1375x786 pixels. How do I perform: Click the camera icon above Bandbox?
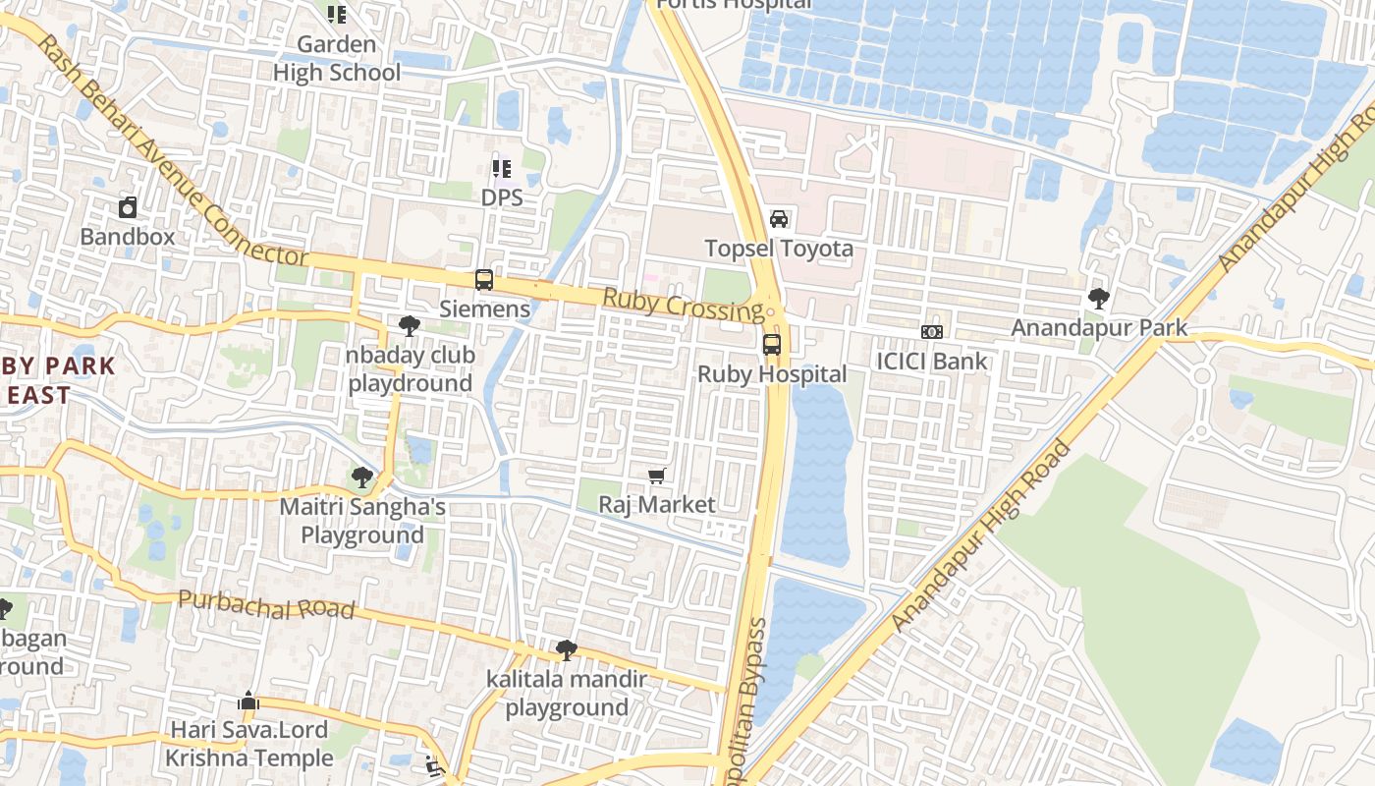coord(128,207)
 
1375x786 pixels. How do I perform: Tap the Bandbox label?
coord(128,237)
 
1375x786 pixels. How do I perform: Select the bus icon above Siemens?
coord(484,280)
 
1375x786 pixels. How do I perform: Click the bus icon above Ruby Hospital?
coord(772,345)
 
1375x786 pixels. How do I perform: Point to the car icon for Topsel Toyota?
coord(779,218)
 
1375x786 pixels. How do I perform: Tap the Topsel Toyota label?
coord(779,249)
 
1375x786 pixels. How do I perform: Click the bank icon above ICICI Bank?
coord(932,332)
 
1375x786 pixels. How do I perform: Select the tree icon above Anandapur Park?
coord(1099,298)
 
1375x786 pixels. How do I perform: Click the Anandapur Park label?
coord(1099,327)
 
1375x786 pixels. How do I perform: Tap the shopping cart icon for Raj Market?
coord(657,477)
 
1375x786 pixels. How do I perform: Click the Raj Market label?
coord(657,505)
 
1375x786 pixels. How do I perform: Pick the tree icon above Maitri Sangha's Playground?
coord(362,478)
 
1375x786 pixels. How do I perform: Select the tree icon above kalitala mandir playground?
coord(566,649)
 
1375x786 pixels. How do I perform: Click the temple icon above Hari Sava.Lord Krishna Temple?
coord(248,702)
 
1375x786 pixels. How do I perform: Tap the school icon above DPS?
coord(502,169)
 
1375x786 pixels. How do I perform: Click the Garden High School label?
coord(337,58)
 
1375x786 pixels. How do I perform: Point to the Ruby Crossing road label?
coord(683,305)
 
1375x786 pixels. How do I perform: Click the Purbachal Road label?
coord(266,605)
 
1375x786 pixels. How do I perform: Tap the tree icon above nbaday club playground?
coord(410,326)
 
